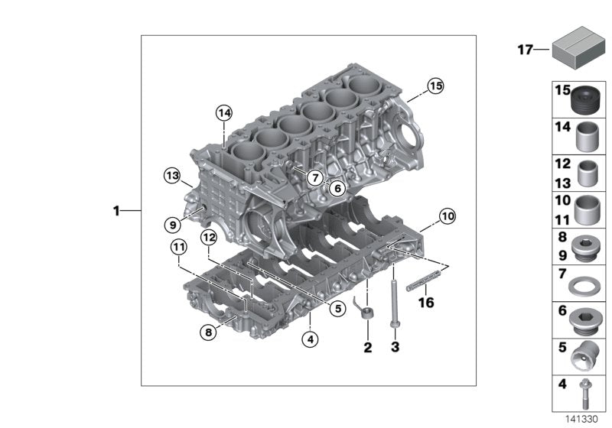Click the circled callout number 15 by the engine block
click(435, 86)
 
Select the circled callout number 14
click(223, 113)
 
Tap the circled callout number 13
click(171, 177)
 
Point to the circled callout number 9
click(173, 224)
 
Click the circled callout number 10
click(447, 216)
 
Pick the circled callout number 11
click(178, 247)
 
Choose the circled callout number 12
click(209, 238)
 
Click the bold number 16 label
click(425, 303)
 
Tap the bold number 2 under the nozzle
click(367, 348)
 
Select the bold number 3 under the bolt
click(395, 348)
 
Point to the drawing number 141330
click(581, 419)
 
